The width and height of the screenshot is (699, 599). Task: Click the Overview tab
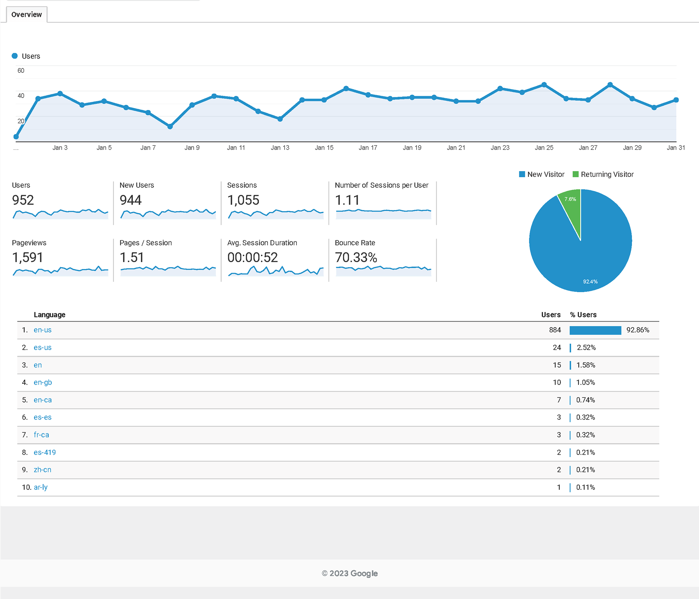[x=27, y=15]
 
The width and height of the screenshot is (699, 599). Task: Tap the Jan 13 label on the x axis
[x=280, y=148]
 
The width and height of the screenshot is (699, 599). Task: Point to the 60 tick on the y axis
[x=21, y=71]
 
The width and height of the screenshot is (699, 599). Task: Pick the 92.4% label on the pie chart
[x=590, y=282]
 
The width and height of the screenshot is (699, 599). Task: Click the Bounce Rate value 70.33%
[x=356, y=258]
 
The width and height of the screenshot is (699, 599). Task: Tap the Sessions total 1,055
[x=243, y=200]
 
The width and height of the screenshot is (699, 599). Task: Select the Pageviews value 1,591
[x=28, y=258]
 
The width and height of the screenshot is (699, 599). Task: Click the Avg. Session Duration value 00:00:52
[x=252, y=258]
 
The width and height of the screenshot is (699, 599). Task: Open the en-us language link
[x=43, y=330]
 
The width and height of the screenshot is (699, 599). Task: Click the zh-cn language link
[x=42, y=470]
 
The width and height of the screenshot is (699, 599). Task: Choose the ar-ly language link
[x=40, y=487]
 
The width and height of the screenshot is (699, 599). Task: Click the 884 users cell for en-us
[x=555, y=330]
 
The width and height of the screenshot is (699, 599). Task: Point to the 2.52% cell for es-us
[x=586, y=348]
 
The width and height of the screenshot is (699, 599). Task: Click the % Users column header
[x=583, y=315]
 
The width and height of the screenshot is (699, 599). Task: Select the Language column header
[x=50, y=315]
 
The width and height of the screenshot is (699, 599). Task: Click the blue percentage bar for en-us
[x=595, y=330]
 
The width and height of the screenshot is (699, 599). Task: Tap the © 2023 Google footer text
[x=349, y=574]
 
